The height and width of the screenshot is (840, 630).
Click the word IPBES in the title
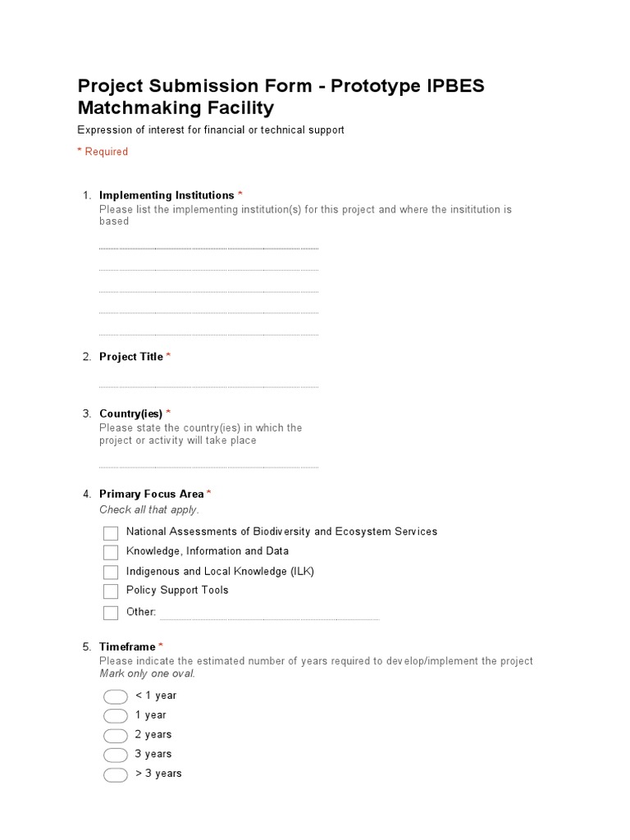click(457, 87)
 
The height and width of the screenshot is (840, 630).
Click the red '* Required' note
click(103, 152)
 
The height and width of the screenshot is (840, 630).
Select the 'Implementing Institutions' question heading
click(167, 195)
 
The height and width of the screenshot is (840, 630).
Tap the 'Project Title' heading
click(131, 357)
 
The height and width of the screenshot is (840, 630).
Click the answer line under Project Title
click(208, 386)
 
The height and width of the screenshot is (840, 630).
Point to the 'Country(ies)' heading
click(130, 413)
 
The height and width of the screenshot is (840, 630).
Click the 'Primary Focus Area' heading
click(151, 494)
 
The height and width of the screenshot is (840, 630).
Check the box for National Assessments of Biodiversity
click(111, 533)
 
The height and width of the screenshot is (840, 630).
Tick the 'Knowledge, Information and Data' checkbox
click(111, 553)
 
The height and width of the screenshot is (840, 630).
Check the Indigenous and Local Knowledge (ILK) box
click(111, 573)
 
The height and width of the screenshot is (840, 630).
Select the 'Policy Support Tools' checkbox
click(111, 591)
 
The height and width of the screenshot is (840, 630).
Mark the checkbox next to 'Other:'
click(111, 613)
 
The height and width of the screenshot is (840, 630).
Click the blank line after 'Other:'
click(269, 617)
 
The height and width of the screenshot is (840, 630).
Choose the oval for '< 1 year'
click(116, 697)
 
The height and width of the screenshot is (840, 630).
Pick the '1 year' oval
click(116, 716)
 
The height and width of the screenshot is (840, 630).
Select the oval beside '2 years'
click(116, 736)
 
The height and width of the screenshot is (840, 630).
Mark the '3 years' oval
click(116, 756)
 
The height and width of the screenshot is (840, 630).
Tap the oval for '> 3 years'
click(116, 775)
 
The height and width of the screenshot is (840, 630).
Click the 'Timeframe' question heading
click(127, 647)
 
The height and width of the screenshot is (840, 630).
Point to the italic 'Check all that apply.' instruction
click(148, 510)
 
